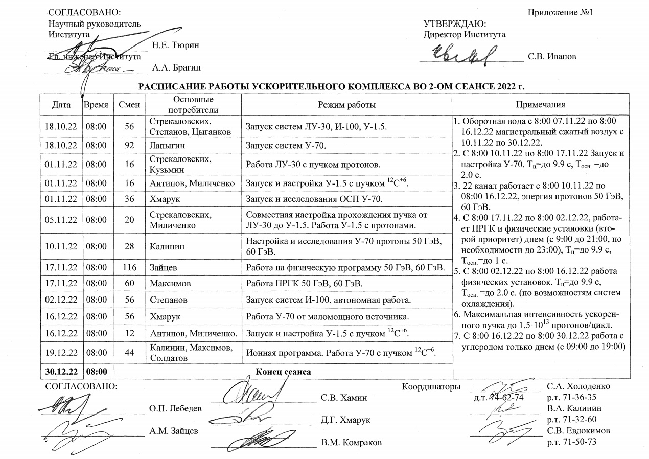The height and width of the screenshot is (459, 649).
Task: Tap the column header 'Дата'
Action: pyautogui.click(x=61, y=105)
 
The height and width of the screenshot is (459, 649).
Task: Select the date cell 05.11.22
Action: pyautogui.click(x=61, y=220)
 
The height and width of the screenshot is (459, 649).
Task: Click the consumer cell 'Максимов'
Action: pyautogui.click(x=168, y=282)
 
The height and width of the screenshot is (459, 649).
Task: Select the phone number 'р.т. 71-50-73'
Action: pyautogui.click(x=571, y=442)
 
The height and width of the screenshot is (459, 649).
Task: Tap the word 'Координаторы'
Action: pyautogui.click(x=432, y=386)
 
